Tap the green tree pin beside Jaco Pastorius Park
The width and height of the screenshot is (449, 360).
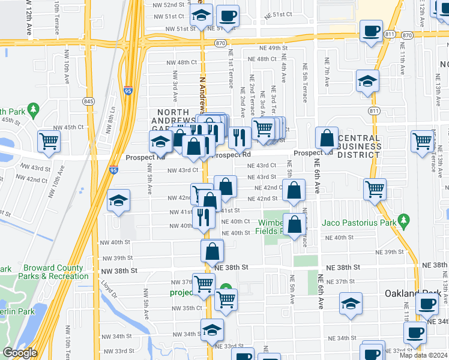tap(404, 221)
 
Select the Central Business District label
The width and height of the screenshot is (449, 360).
tap(359, 146)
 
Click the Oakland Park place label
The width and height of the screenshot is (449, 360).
tap(412, 293)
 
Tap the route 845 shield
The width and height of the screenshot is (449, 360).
tap(89, 101)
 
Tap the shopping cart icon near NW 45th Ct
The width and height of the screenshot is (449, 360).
tap(49, 142)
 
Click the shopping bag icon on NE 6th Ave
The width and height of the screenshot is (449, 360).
tap(327, 138)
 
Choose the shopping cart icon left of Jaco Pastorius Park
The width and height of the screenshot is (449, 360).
tap(375, 189)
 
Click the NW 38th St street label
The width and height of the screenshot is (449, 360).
tap(117, 271)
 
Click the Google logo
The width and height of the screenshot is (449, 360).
tap(20, 353)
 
